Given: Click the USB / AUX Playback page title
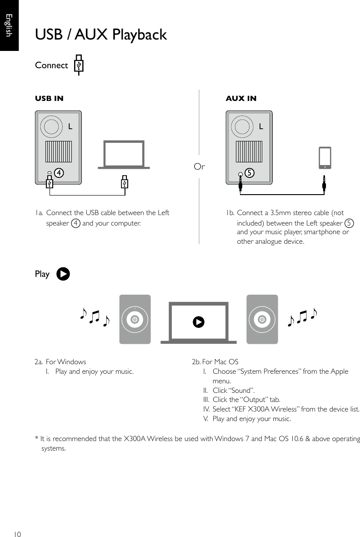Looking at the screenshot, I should click(x=101, y=35).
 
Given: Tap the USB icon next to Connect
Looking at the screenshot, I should click(x=79, y=65).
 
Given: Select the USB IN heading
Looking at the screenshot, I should click(x=50, y=98).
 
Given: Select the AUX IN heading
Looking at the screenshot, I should click(x=241, y=98).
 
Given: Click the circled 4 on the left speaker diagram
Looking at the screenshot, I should click(x=58, y=173).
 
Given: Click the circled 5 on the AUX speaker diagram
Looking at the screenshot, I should click(x=249, y=173).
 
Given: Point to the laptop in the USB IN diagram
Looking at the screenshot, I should click(x=124, y=155).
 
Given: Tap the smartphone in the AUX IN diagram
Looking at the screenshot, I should click(x=325, y=158).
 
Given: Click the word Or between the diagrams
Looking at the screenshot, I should click(x=199, y=167).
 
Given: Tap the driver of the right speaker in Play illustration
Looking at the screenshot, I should click(x=261, y=319).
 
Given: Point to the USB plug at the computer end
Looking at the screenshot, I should click(x=125, y=182).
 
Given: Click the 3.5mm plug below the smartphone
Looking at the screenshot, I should click(x=325, y=182).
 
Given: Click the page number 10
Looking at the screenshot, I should click(x=17, y=533).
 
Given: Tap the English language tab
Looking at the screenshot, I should click(x=8, y=25).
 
